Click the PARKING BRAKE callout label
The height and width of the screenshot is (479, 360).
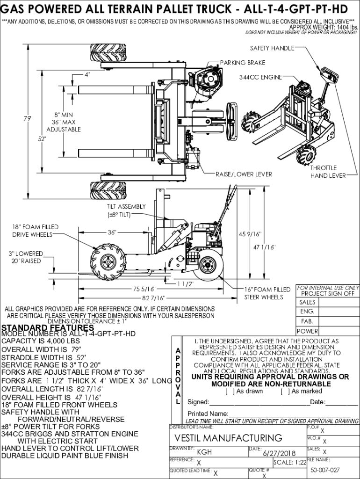pos(243,63)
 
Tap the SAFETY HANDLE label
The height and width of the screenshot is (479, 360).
pos(272,48)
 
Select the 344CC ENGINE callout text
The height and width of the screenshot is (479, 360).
pos(260,77)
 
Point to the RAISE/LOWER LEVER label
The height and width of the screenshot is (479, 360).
pos(244,174)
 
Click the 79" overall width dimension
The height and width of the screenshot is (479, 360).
pos(28,118)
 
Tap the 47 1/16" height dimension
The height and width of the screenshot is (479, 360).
pos(265,247)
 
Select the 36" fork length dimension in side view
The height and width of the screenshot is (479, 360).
pos(112,232)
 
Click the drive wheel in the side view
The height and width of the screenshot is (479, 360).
pos(108,262)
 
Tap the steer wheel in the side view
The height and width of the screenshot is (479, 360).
pos(209,265)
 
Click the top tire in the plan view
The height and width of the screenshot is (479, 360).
pos(108,53)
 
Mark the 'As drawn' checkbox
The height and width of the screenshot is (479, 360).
pos(228,392)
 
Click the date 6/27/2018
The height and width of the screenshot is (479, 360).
pos(277,453)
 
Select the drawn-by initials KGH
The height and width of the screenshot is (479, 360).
pos(204,452)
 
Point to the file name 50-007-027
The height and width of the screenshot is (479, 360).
pos(325,470)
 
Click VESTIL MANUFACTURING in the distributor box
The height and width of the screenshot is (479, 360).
pos(228,438)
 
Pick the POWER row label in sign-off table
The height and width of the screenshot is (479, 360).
pos(307,331)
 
